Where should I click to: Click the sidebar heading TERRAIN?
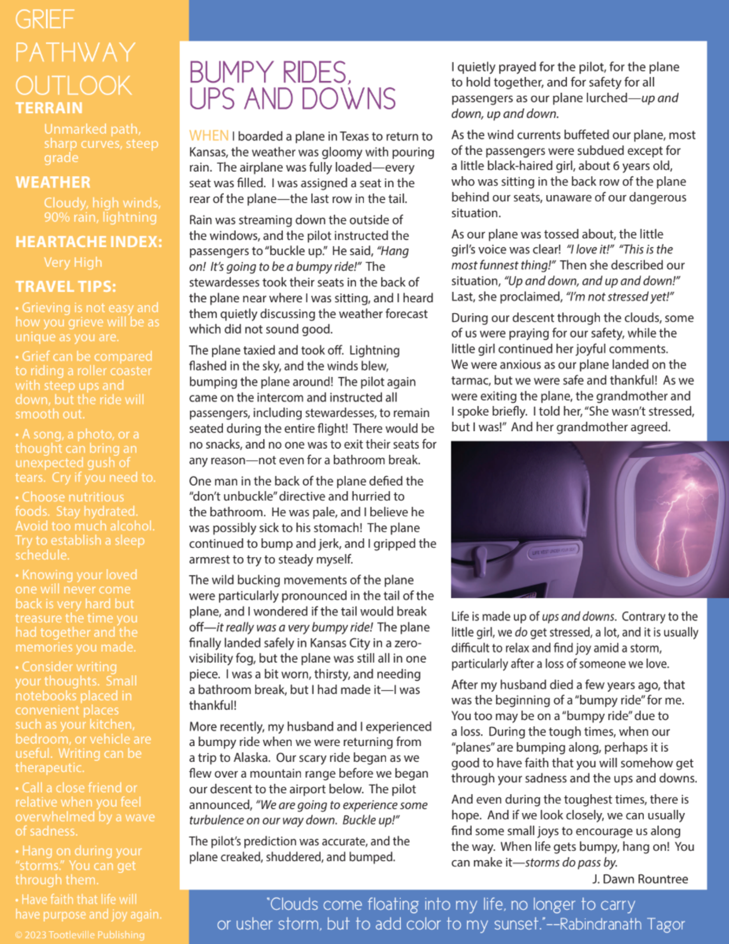[49, 108]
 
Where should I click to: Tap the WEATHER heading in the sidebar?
[53, 182]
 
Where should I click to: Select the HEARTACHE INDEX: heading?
[89, 242]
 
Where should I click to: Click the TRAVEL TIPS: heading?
[66, 287]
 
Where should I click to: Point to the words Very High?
[73, 262]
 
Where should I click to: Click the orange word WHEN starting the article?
[209, 136]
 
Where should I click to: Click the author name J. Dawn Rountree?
[640, 879]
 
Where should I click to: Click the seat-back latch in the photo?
[480, 559]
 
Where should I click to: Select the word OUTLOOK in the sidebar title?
[74, 86]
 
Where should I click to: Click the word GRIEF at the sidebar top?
[44, 20]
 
